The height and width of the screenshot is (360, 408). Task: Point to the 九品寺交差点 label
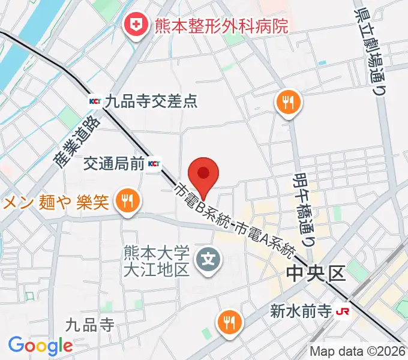(151, 101)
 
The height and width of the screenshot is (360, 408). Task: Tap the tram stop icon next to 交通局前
(154, 163)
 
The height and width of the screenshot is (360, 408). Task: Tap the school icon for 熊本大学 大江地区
(209, 259)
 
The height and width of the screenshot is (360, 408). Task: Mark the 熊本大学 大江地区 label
(157, 260)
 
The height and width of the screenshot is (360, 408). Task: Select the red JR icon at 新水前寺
(343, 311)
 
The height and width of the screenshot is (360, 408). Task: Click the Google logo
(40, 346)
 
